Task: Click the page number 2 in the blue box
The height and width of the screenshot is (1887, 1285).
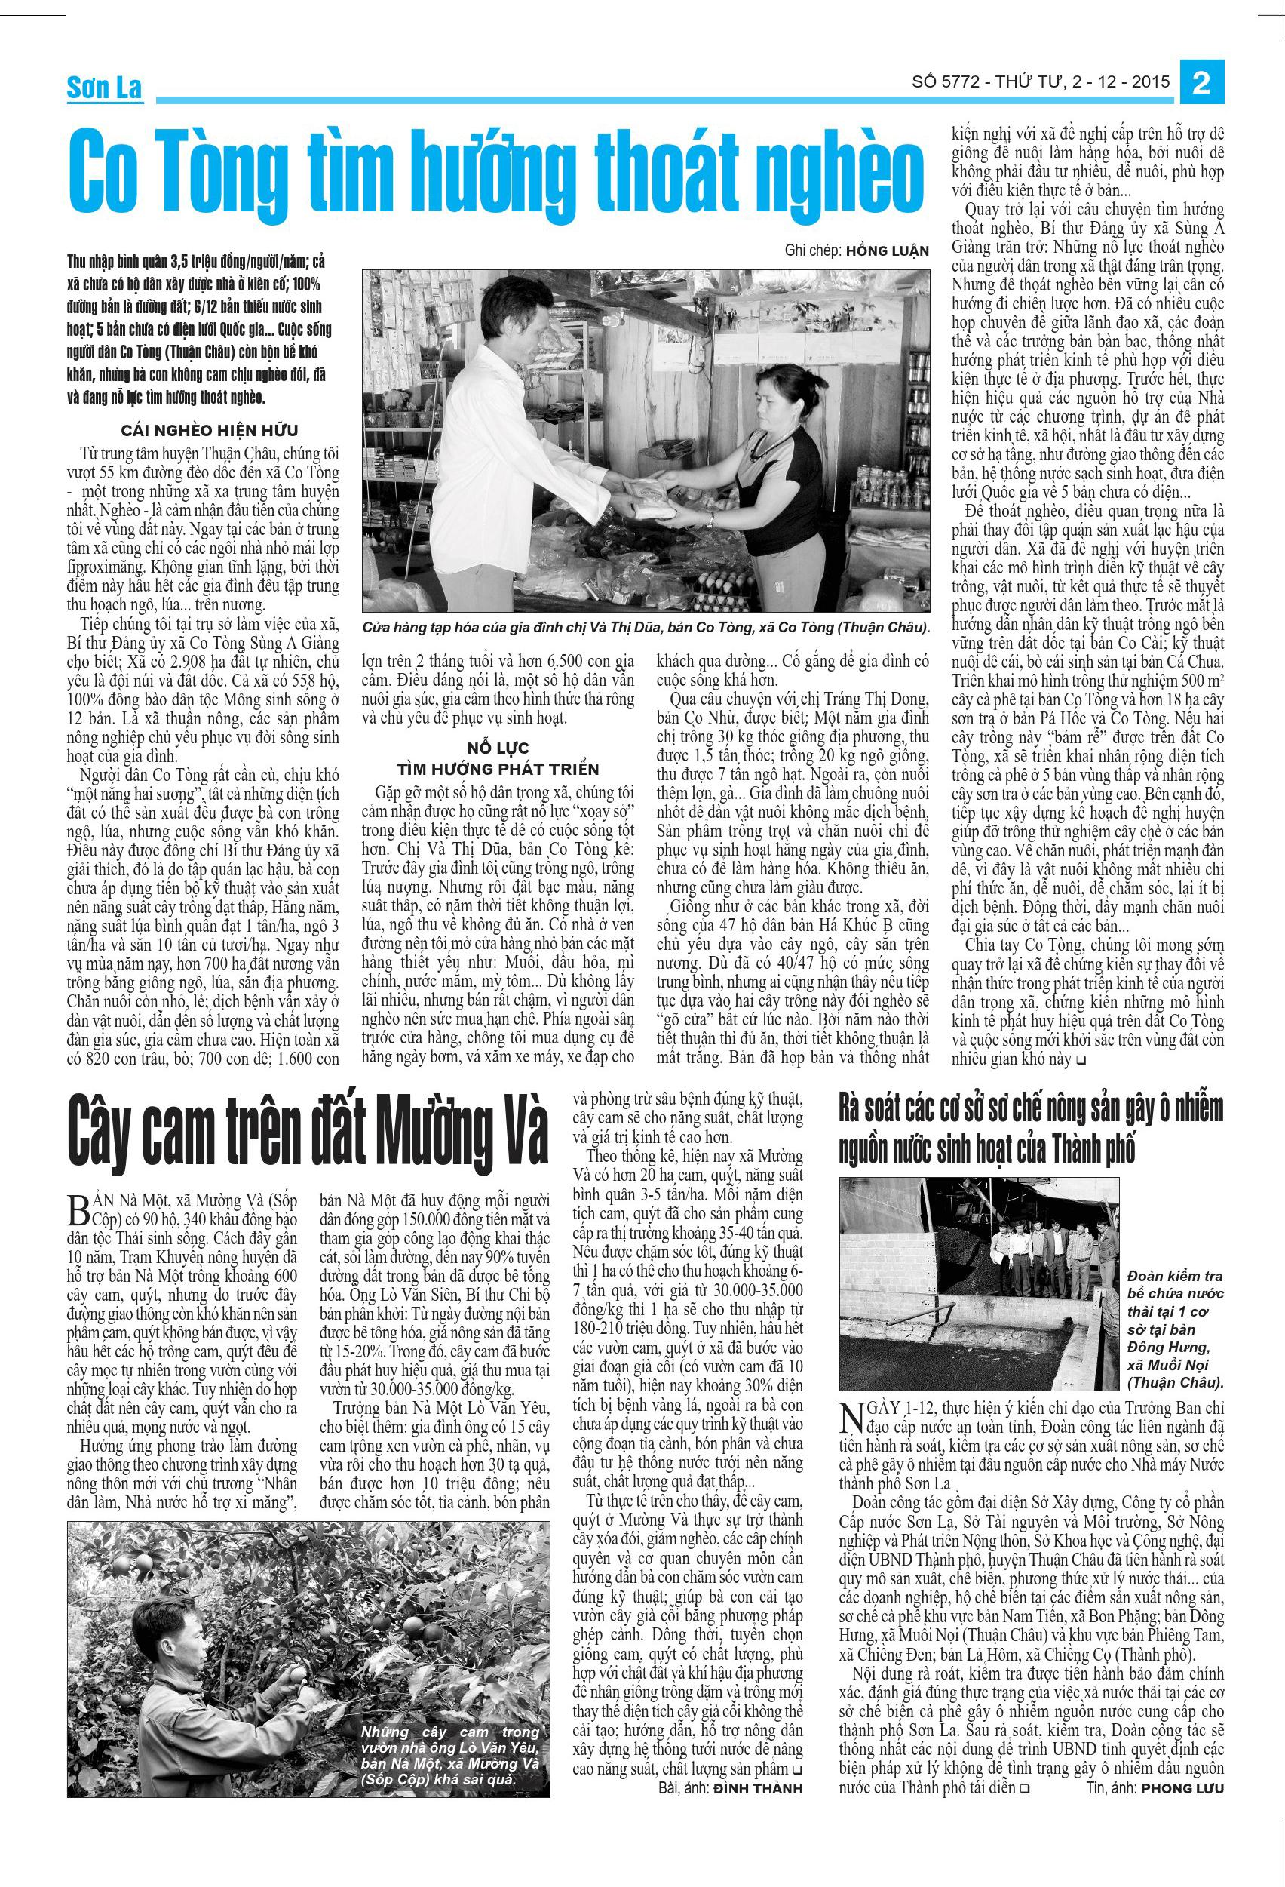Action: pyautogui.click(x=1201, y=84)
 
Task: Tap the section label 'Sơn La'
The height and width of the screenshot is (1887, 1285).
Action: pyautogui.click(x=104, y=88)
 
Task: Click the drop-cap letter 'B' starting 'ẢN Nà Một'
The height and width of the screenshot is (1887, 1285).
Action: pyautogui.click(x=78, y=1211)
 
